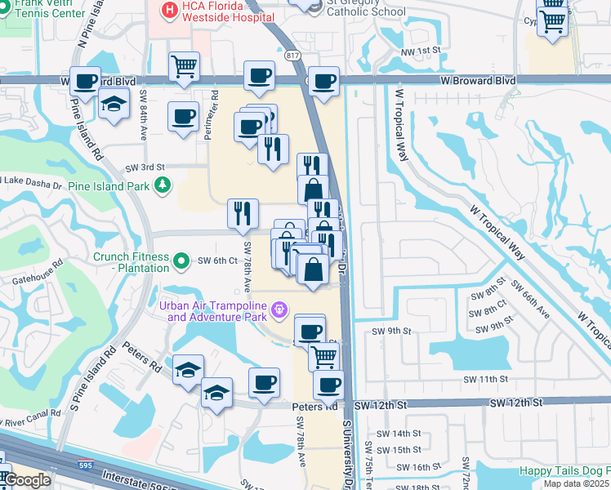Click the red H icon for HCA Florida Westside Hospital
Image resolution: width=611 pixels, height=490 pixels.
[169, 11]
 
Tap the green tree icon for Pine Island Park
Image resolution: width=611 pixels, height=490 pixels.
[163, 185]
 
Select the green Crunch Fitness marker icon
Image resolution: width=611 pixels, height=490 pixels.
[181, 261]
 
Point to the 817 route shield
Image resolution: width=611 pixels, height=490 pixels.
[293, 56]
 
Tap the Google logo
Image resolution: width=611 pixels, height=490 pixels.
[26, 480]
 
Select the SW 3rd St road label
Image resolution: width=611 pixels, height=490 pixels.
[145, 167]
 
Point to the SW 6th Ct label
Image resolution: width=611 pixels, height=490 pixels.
[217, 261]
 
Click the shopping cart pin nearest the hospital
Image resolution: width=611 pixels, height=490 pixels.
[185, 67]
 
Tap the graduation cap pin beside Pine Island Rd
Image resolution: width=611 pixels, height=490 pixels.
[114, 104]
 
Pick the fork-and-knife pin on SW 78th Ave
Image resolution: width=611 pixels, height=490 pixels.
[243, 213]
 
